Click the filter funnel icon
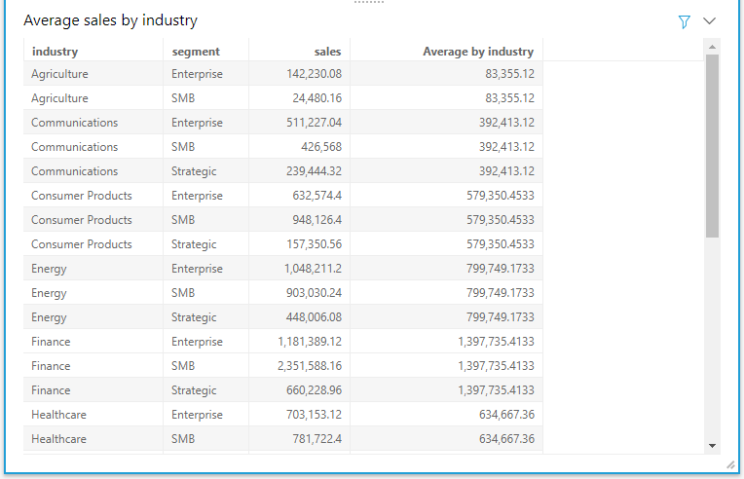point(684,21)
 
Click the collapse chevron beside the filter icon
point(709,20)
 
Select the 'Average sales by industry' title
point(110,20)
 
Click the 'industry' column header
point(55,52)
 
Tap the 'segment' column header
point(196,52)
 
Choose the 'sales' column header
point(327,52)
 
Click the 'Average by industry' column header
point(478,52)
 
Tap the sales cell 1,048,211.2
point(313,269)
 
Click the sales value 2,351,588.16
point(310,366)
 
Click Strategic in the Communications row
point(194,171)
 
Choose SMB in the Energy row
point(183,293)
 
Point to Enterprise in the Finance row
point(197,342)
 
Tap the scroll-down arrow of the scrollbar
point(712,445)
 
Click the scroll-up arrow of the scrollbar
point(712,47)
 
